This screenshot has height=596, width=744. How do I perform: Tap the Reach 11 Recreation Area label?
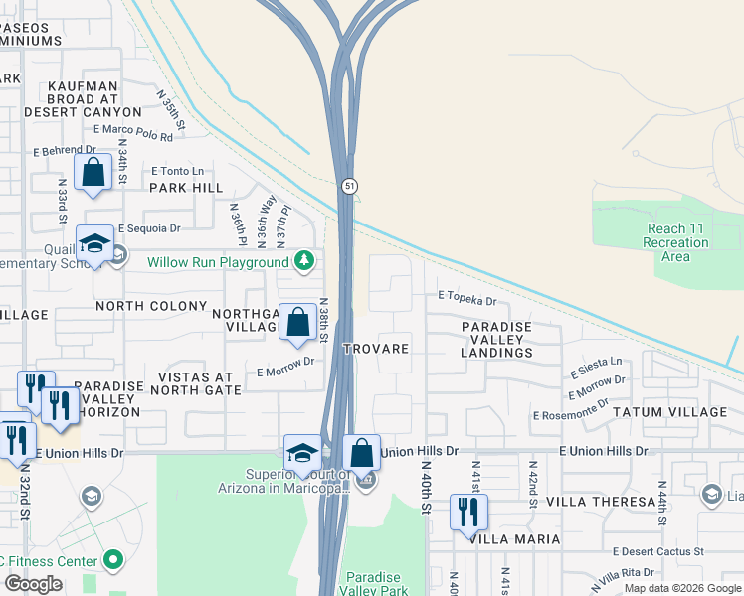[x=674, y=242]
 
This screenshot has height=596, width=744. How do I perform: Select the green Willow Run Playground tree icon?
[x=305, y=262]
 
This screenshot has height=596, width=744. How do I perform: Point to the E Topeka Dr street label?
[x=466, y=299]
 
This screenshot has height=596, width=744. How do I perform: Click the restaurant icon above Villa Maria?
[x=464, y=513]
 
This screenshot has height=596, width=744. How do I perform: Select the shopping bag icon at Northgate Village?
[x=297, y=322]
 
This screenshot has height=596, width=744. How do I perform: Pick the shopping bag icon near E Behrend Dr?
[x=93, y=173]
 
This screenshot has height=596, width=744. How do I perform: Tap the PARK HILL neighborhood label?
[x=186, y=187]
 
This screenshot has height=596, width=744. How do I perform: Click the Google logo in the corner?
[x=33, y=584]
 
